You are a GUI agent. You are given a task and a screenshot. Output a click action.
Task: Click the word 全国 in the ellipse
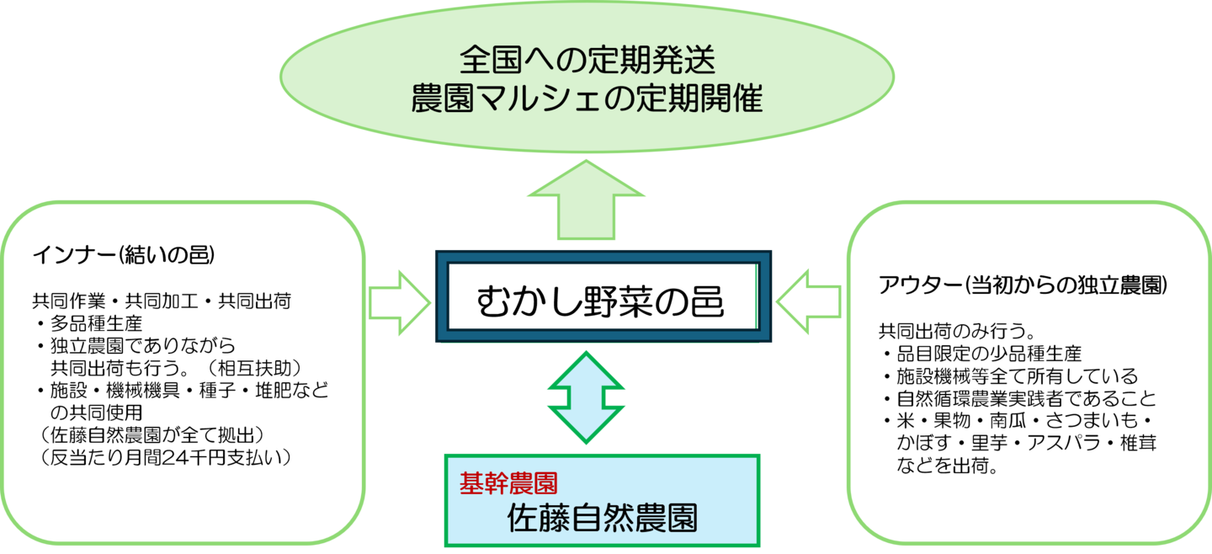pos(490,61)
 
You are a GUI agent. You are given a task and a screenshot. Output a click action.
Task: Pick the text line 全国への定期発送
pos(587,61)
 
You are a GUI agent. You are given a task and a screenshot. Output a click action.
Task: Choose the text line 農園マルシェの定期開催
pos(587,100)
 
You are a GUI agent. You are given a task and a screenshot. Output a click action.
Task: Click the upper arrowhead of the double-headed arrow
pos(587,372)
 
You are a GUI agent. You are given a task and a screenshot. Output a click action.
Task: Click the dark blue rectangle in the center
pos(603,296)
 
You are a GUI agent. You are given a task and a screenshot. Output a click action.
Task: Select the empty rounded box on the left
pos(183,372)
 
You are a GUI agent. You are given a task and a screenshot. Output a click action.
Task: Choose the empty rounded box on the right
pos(1029,372)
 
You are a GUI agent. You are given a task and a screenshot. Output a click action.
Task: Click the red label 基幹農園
pos(508,482)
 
